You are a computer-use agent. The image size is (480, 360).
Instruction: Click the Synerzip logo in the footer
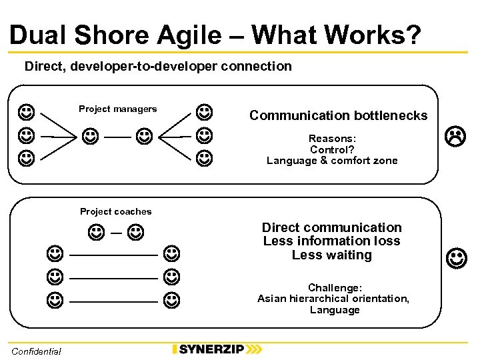tap(217, 349)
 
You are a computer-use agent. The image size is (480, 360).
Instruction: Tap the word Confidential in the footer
tap(36, 351)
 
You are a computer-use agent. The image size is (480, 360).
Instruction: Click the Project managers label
tap(118, 109)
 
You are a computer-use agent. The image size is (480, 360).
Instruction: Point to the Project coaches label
tap(116, 212)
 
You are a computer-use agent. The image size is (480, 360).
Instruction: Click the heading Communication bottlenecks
tap(338, 115)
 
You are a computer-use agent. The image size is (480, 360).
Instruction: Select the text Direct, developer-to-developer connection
tap(158, 67)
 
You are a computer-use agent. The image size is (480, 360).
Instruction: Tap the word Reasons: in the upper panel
tap(332, 139)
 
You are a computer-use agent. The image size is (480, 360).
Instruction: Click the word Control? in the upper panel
tap(332, 149)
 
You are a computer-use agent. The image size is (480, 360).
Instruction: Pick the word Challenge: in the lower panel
tap(335, 288)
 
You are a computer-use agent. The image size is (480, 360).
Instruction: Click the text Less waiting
tap(332, 255)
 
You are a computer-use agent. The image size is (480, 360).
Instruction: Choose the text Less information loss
tap(332, 241)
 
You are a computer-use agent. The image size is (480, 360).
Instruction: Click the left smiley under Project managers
tap(90, 137)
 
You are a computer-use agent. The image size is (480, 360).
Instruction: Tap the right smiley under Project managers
tap(143, 137)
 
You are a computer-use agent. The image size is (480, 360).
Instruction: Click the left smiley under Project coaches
tap(95, 233)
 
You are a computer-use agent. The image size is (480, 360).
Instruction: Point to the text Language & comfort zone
tap(332, 161)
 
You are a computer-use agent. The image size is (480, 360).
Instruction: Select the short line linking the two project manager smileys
tap(117, 137)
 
